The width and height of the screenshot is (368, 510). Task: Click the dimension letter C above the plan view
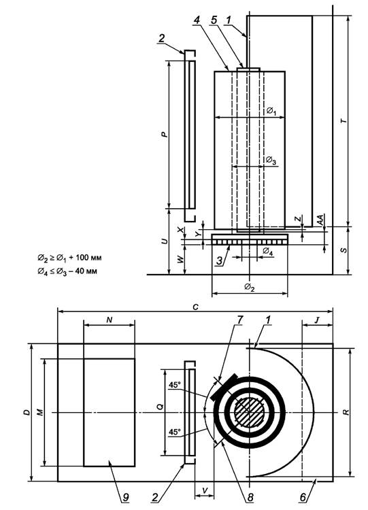[x=195, y=307]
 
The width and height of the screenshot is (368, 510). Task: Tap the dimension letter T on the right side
[x=344, y=121]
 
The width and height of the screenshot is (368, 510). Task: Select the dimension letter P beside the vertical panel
[x=165, y=134]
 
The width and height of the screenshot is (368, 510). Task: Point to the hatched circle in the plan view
[x=249, y=412]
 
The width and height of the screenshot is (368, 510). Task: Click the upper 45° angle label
[x=174, y=385]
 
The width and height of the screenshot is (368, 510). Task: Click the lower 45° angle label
[x=174, y=432]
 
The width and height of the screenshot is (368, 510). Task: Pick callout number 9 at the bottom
[x=126, y=497]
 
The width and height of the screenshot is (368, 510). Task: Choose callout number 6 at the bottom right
[x=303, y=497]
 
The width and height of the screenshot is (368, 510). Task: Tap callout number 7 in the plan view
[x=239, y=320]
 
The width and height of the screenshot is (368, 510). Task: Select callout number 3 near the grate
[x=220, y=260]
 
